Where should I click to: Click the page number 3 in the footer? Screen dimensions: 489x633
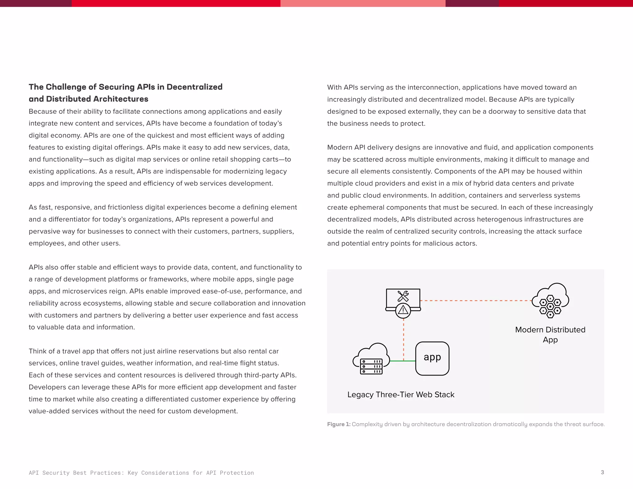[602, 472]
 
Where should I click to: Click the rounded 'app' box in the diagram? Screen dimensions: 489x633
[432, 358]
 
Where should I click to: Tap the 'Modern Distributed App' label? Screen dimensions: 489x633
[550, 334]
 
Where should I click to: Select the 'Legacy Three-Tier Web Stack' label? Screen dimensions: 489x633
[401, 394]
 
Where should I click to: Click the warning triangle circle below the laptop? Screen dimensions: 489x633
[403, 310]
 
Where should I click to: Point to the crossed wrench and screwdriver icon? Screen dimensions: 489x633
[403, 296]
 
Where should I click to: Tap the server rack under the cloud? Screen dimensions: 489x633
[371, 366]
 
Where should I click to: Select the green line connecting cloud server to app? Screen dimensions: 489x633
[402, 361]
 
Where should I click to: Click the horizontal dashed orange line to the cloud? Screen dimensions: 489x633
[476, 300]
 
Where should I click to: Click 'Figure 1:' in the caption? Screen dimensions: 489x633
[338, 424]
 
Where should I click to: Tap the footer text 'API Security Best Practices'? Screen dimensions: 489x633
[76, 473]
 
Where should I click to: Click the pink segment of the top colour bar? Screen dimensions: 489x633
[363, 3]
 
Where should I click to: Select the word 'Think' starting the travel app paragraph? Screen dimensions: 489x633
[36, 351]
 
